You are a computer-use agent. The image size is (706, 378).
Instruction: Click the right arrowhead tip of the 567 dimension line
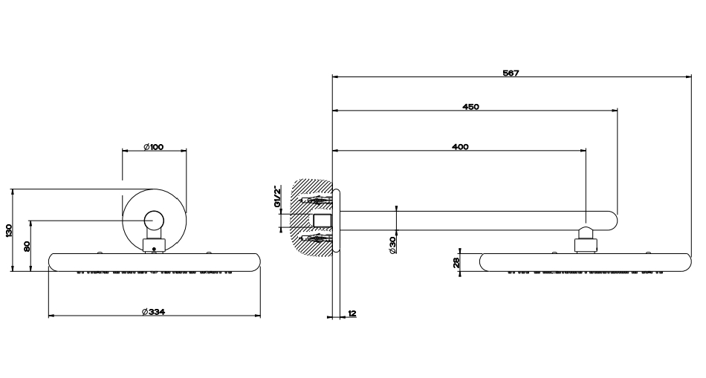coord(691,77)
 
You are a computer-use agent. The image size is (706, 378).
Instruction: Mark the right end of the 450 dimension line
coord(617,110)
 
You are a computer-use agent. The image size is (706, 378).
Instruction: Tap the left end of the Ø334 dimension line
coord(48,316)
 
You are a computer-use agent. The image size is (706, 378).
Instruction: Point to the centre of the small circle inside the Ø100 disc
coord(154,221)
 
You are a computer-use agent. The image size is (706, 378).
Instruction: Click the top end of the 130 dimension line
coord(13,189)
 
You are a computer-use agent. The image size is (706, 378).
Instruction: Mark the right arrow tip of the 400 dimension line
coord(586,150)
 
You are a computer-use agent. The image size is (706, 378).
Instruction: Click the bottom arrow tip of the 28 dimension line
coord(460,271)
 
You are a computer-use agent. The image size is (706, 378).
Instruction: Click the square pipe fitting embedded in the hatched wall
coord(323,221)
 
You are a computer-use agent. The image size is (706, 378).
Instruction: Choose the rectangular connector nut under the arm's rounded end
coord(586,245)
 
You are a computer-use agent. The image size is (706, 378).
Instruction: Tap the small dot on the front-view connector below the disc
coord(154,248)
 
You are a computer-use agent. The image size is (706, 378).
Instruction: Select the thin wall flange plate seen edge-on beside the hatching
coord(337,220)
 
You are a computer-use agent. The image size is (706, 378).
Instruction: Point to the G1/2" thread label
coord(278,196)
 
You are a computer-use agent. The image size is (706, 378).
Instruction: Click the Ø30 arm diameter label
coord(392,245)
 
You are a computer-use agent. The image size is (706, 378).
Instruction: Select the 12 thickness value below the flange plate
coord(352,313)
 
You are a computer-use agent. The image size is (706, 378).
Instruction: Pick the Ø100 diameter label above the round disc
coord(154,147)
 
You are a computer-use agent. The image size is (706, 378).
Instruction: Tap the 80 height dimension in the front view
coord(27,246)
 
